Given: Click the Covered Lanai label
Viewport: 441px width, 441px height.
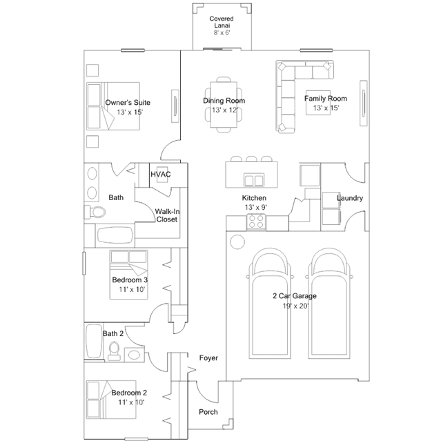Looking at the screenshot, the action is (222, 22).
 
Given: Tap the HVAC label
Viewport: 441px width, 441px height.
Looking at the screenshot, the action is (161, 175).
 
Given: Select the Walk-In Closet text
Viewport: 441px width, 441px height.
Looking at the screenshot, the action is (167, 215).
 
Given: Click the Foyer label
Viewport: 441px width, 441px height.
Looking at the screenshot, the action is (208, 358).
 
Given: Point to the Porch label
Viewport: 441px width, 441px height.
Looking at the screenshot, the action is (208, 412).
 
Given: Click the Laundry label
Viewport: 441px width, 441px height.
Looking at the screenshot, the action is (350, 198).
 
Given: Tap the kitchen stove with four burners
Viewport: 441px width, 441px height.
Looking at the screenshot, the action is (256, 222).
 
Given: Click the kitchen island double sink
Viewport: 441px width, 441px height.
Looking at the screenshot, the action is (254, 180).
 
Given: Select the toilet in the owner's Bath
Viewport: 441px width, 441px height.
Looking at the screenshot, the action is (95, 212).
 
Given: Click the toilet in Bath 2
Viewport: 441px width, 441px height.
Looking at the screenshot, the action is (114, 351).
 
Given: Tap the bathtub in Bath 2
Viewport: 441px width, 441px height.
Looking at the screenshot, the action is (94, 342).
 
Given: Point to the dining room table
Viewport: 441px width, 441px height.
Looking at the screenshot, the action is (224, 104).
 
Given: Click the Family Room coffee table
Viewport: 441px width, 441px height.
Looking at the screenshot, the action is (318, 103).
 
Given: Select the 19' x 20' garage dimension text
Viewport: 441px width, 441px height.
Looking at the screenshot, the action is (296, 306).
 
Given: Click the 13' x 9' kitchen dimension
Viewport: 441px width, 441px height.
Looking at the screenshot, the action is (255, 208).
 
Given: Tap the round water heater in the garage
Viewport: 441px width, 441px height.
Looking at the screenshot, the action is (237, 242).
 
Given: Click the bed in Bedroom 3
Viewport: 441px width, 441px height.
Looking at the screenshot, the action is (129, 275).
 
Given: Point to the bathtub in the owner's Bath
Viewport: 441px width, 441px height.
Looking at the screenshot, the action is (115, 235).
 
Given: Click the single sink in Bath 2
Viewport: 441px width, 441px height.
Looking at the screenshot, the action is (134, 355).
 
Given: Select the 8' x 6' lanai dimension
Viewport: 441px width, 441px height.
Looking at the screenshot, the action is (222, 33).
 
